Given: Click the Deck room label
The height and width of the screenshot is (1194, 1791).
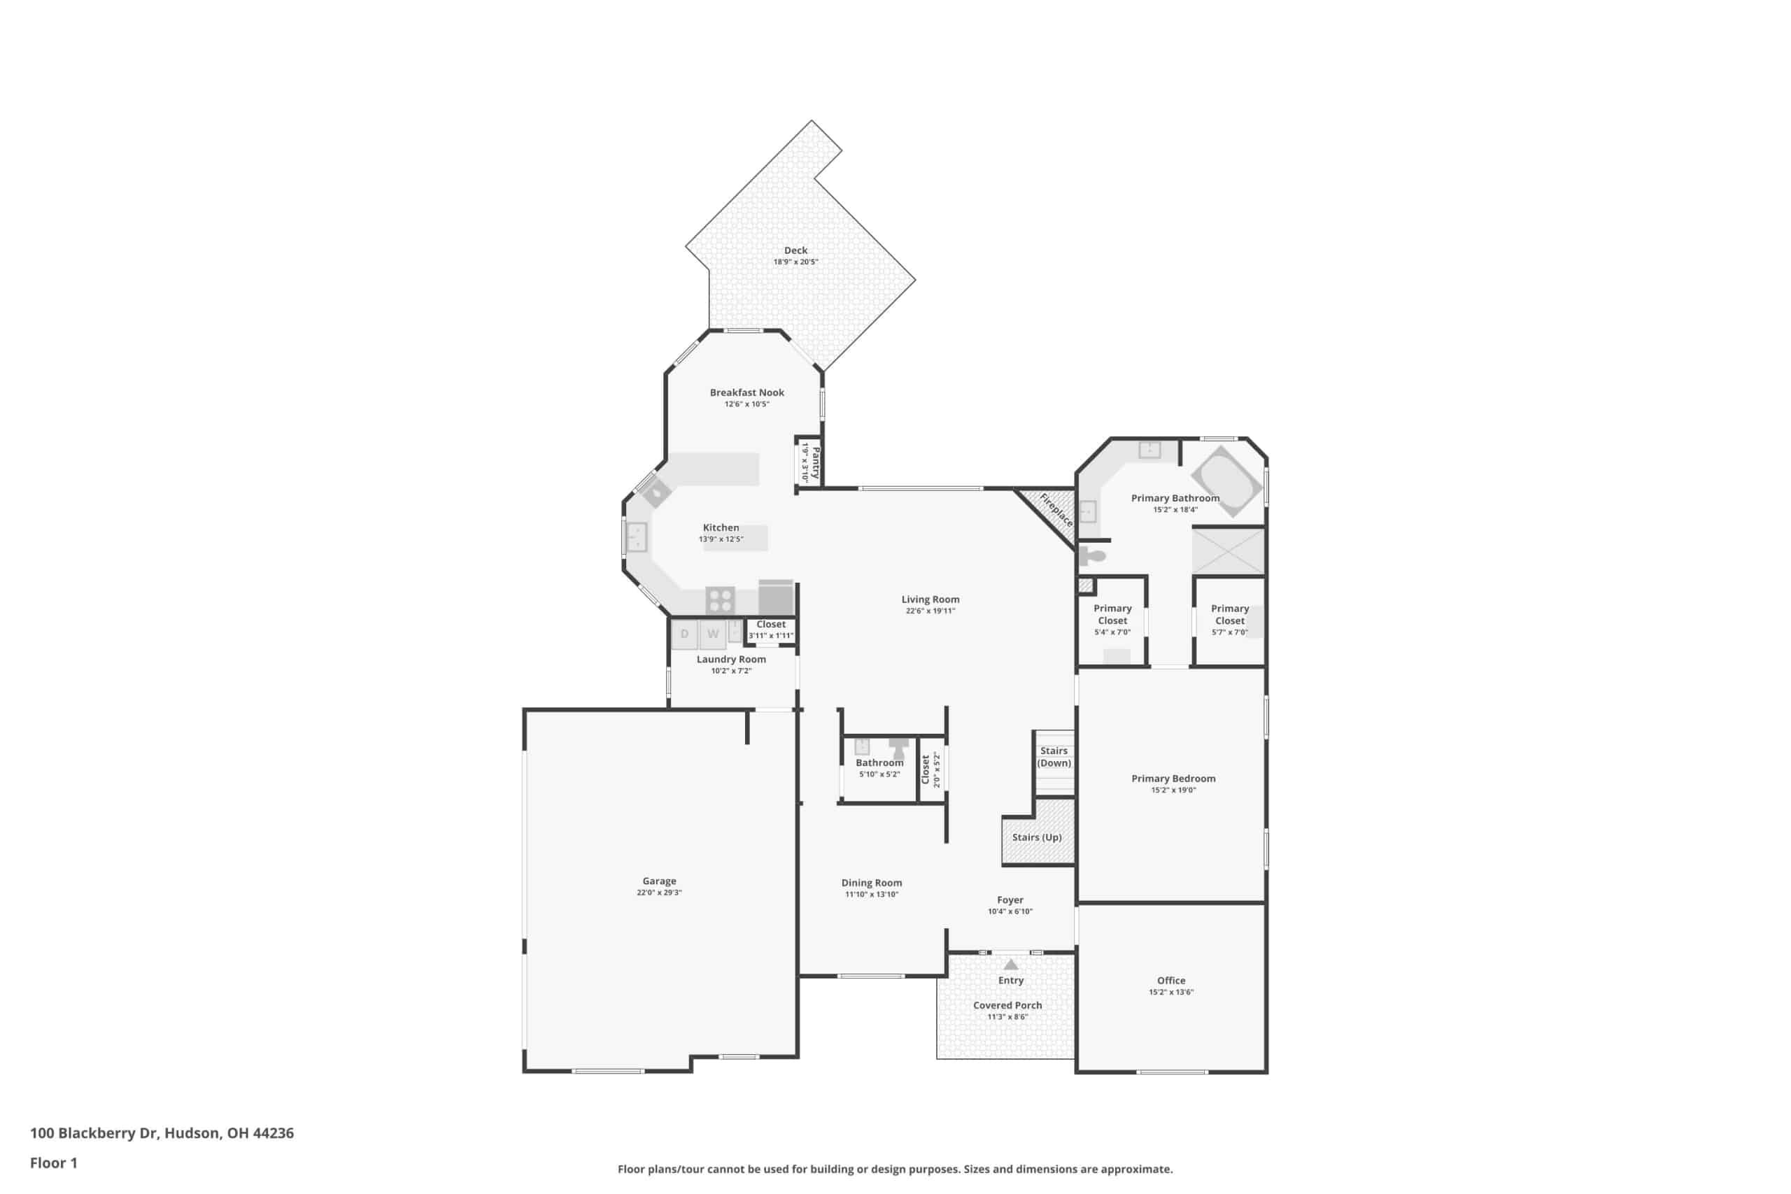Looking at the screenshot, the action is (x=795, y=250).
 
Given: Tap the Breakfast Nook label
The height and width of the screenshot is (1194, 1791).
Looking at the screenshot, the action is (x=747, y=393).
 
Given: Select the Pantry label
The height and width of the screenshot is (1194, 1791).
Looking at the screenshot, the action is (x=816, y=462).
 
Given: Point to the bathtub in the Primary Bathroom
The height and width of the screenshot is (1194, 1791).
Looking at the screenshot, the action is (x=1226, y=481).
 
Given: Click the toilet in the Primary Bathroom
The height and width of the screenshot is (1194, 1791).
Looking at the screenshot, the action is (x=1091, y=556).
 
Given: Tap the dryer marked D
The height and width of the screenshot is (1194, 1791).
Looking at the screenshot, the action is (x=685, y=634).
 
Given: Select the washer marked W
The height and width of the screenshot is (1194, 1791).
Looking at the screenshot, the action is (x=713, y=634).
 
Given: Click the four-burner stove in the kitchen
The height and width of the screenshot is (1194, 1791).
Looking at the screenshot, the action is (x=720, y=600).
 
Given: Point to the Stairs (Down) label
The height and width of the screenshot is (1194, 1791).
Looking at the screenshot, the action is (x=1054, y=757).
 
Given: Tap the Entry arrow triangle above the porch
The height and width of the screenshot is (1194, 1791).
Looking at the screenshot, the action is (x=1010, y=964).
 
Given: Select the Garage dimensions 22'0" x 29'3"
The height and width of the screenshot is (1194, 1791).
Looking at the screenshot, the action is (x=660, y=893).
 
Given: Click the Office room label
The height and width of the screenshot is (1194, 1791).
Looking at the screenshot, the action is (x=1171, y=981).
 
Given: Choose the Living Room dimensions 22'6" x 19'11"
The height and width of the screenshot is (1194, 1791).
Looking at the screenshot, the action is (x=930, y=611).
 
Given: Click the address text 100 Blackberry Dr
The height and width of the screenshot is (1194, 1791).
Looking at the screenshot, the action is (x=94, y=1133).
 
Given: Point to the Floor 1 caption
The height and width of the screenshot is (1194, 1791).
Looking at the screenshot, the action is (x=53, y=1163).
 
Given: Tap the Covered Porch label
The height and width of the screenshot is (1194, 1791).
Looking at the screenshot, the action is (x=1007, y=1005).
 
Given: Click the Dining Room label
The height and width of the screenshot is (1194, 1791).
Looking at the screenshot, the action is (x=872, y=883).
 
